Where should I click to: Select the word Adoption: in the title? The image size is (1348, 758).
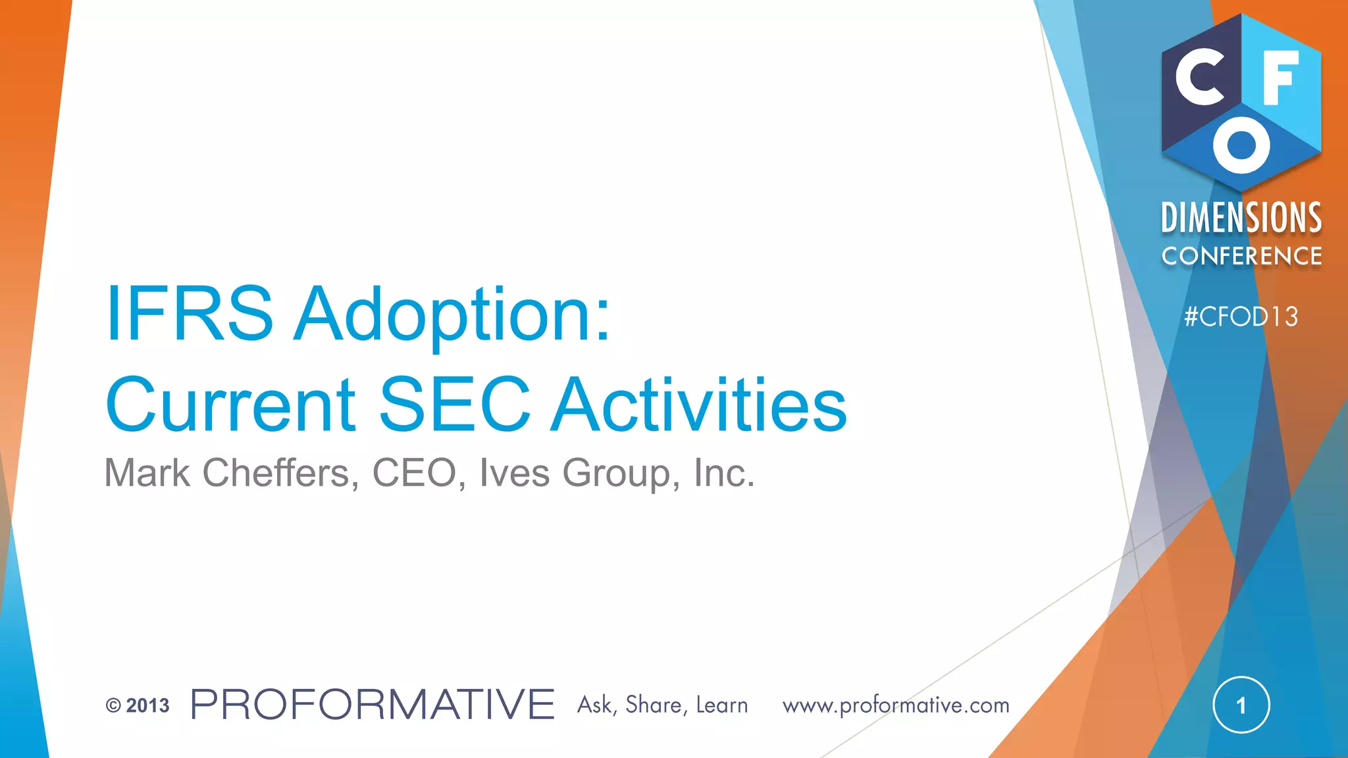pos(453,315)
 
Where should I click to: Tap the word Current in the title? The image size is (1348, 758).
pos(230,405)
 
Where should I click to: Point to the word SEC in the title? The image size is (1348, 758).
pos(455,405)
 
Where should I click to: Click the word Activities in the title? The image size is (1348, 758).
pos(700,405)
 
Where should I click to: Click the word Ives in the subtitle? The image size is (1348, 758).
pos(514,473)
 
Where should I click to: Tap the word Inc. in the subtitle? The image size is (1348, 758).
pos(724,473)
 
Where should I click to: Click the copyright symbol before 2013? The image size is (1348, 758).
pos(113,706)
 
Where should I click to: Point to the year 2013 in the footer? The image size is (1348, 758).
pos(147,706)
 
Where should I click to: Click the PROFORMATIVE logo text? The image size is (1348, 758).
pos(373,705)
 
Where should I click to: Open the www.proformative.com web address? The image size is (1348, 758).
pos(896,705)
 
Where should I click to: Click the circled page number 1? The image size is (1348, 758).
pos(1241,705)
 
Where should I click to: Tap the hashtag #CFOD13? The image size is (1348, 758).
pos(1241,317)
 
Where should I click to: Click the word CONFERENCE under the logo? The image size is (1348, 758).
pos(1241,256)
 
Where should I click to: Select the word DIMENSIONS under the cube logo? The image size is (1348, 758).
pos(1241,218)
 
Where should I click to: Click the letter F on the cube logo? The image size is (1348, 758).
pos(1280,78)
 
